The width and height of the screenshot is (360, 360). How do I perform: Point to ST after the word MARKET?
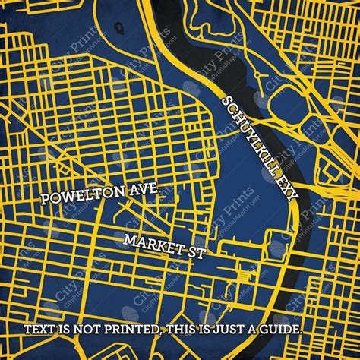coord(194,251)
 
